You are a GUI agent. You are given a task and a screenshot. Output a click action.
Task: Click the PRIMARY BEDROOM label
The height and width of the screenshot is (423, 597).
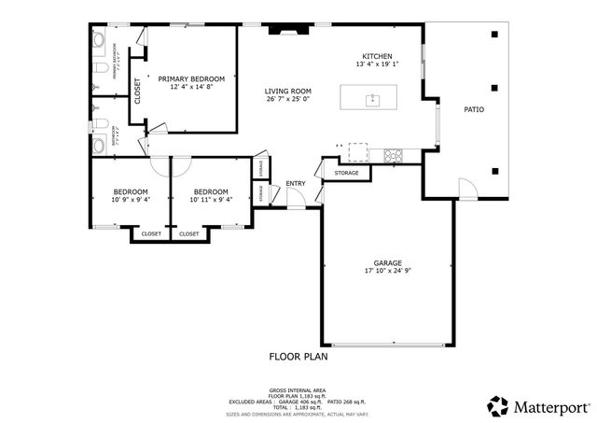(x=191, y=78)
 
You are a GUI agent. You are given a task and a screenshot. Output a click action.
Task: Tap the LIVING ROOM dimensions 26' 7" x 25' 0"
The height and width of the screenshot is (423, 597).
(x=287, y=99)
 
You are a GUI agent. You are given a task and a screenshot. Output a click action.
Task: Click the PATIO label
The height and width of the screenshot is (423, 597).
(x=474, y=110)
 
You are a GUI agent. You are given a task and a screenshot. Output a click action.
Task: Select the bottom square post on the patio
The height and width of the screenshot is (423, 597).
(x=494, y=170)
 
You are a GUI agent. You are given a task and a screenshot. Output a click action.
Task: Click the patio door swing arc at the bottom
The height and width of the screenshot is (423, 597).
(x=469, y=189)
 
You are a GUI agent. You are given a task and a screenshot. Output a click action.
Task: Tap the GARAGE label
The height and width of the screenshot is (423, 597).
(x=387, y=263)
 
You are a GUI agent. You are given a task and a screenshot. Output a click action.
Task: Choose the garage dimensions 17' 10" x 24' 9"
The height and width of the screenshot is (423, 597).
(x=387, y=272)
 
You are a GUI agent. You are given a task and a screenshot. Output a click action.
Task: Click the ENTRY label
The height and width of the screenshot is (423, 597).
(x=296, y=183)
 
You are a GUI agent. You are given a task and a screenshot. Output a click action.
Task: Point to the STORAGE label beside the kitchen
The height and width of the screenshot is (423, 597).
(x=347, y=173)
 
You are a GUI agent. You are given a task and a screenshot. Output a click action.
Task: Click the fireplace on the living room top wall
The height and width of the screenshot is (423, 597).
(x=286, y=31)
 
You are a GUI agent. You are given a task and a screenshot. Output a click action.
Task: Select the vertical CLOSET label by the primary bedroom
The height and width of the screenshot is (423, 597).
(x=137, y=90)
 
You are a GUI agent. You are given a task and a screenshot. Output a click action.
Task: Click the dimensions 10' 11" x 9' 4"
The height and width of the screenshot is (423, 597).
(x=211, y=199)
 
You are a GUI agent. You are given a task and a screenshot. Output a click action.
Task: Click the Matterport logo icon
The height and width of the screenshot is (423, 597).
(x=498, y=406)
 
